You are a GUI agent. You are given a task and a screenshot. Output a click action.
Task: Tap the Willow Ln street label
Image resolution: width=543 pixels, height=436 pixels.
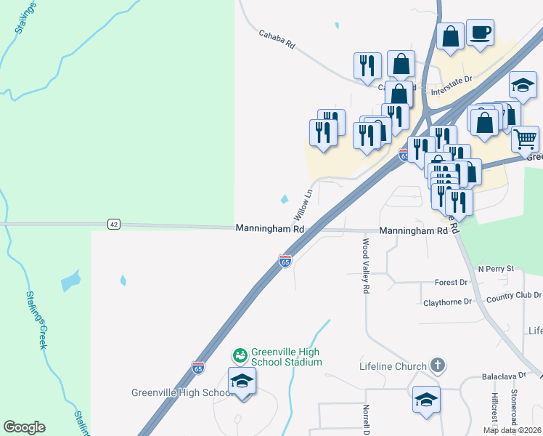pos(303,206)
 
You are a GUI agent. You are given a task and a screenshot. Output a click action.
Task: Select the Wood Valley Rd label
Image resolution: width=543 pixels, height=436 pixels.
pos(366,266)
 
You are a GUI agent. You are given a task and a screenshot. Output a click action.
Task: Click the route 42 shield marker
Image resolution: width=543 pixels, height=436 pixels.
pos(113,224)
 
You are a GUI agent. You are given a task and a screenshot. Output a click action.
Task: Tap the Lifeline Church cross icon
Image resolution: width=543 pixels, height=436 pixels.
pos(437,366)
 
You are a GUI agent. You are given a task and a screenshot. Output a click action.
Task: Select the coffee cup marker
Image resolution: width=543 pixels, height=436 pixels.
pos(481,33)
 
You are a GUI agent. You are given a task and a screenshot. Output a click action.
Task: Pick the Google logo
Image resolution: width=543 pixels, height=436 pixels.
pos(24,427)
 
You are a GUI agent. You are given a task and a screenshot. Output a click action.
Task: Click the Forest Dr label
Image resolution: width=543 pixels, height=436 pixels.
pos(451,283)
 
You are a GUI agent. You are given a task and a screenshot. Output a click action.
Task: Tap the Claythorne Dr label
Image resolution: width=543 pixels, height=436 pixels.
pos(447,301)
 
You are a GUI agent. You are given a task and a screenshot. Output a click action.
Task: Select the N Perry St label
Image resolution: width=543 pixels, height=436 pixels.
pos(496,269)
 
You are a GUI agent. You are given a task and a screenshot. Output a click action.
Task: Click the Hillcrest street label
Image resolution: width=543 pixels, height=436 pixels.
pos(494,411)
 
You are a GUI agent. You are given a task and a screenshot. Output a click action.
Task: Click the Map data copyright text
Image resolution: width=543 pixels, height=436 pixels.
pos(512,430)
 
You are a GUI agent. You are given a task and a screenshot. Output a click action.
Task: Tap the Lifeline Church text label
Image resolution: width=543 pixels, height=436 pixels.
pos(393,366)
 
